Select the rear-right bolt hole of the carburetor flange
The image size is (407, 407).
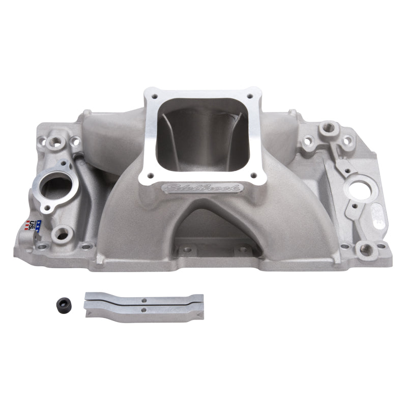click(x=251, y=95)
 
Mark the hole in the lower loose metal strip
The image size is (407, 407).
click(x=144, y=310)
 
